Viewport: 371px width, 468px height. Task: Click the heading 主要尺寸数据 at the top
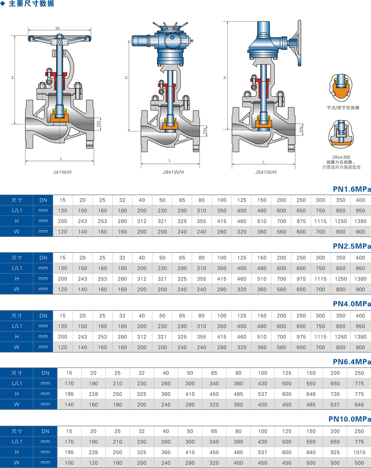(31, 3)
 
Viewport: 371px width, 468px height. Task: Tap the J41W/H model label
(62, 172)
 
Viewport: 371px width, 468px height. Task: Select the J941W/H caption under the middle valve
(173, 172)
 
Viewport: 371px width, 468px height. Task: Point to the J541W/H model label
(266, 172)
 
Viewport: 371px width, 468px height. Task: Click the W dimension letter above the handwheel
(58, 28)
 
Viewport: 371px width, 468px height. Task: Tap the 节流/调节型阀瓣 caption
(343, 108)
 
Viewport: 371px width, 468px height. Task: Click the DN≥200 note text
(341, 157)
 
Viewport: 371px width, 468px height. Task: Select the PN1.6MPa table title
(352, 189)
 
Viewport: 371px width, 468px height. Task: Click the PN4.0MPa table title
(352, 304)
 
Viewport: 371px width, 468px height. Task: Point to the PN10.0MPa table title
(349, 419)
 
